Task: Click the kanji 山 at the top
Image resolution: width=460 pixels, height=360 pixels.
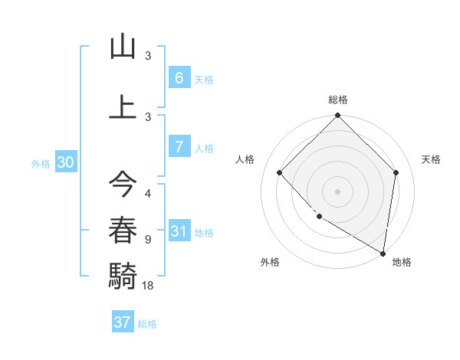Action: [123, 47]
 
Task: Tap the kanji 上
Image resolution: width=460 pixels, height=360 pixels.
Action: [123, 107]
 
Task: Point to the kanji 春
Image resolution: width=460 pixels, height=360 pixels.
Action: [123, 229]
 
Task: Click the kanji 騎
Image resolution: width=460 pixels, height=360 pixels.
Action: [123, 273]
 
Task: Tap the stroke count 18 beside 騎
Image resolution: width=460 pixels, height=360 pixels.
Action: [149, 286]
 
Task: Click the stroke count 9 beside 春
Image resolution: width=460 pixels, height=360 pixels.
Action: [148, 240]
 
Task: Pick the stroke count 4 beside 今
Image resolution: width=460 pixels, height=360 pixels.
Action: [148, 193]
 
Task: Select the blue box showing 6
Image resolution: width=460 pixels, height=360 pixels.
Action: [179, 77]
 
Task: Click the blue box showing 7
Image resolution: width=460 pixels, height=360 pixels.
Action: [179, 147]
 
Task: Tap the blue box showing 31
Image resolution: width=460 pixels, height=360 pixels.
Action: [179, 231]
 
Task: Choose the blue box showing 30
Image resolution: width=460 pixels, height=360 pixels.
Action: [65, 162]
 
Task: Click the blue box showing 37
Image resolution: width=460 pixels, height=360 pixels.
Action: [122, 322]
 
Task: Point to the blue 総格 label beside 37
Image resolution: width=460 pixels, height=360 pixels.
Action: [147, 324]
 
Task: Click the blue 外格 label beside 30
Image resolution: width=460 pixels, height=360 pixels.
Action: [41, 164]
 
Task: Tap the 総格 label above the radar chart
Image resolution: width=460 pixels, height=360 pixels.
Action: [338, 100]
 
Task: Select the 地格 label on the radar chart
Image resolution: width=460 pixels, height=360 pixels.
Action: [402, 262]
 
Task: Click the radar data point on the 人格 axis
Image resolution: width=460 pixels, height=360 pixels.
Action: [280, 172]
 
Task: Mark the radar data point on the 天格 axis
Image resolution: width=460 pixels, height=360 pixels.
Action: [396, 172]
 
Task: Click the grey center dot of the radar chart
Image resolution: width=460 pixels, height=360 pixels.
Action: [338, 191]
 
